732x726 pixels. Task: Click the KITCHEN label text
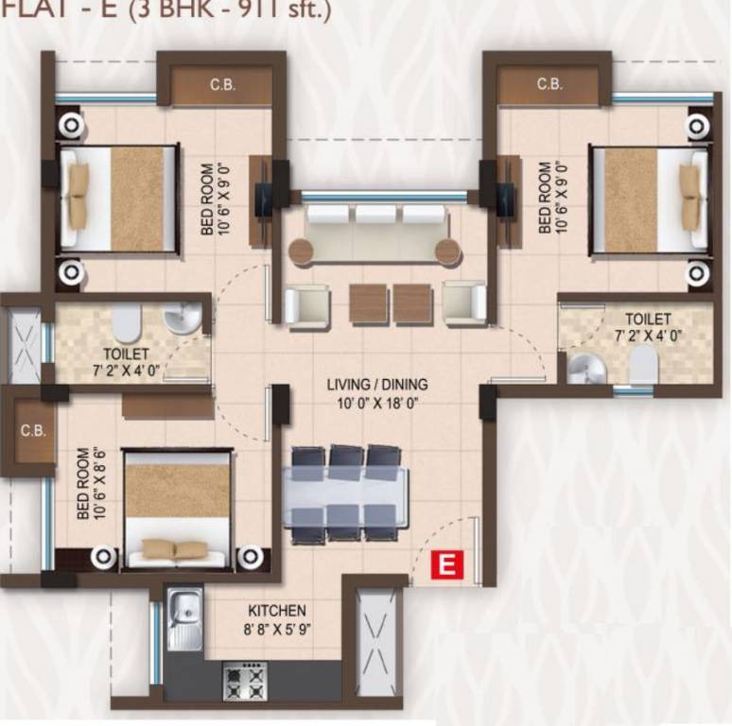tap(276, 611)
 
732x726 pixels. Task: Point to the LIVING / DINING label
tap(377, 385)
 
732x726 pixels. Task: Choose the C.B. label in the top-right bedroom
tap(549, 84)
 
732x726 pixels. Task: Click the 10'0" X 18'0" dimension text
tap(377, 402)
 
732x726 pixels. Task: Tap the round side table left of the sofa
tap(301, 251)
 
